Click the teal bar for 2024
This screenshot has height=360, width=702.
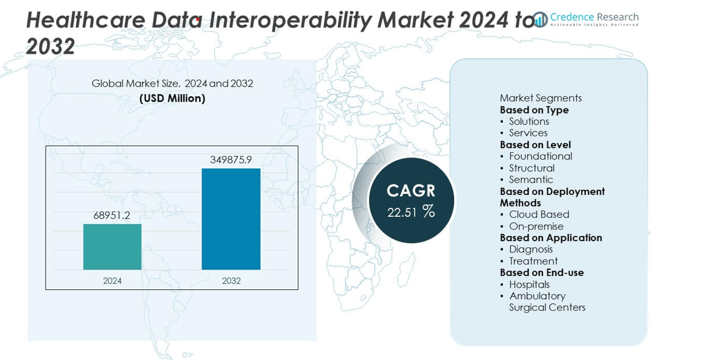tap(112, 247)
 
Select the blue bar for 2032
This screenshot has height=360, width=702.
tap(231, 219)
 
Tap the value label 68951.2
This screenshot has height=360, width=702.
tap(112, 215)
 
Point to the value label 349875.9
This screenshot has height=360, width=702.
tap(231, 160)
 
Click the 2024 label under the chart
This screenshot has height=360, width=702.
tap(112, 281)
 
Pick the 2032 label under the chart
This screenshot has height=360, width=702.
tap(231, 281)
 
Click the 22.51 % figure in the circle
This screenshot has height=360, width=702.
tap(412, 211)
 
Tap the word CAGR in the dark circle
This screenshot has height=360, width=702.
tap(412, 191)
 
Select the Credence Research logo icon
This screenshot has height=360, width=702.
tap(540, 19)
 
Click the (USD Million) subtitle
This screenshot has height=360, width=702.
tap(172, 98)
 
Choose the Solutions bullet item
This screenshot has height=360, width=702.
tap(529, 121)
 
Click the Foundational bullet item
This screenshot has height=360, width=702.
tap(541, 156)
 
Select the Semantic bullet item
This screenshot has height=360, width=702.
tap(531, 179)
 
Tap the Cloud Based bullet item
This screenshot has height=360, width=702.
tap(539, 214)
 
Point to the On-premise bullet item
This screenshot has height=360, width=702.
tap(536, 226)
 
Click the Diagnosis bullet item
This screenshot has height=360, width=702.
tap(531, 249)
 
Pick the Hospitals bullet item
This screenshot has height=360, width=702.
tap(529, 284)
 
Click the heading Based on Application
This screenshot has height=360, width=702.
tap(551, 238)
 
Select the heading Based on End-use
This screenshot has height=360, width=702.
tap(542, 272)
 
